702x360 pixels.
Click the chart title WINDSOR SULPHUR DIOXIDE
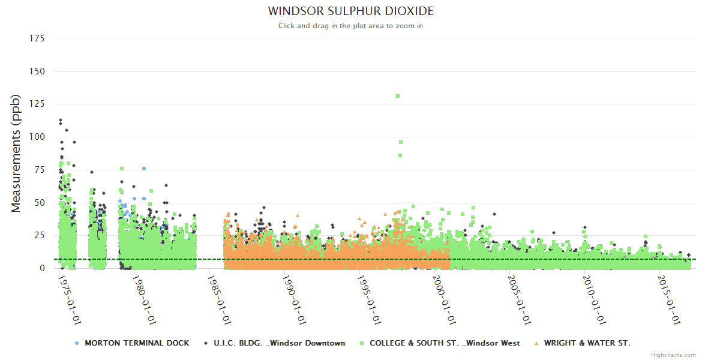(x=350, y=11)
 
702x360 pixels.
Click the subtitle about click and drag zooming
(x=350, y=26)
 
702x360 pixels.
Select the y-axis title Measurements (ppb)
(x=16, y=153)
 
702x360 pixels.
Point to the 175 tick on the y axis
(x=37, y=38)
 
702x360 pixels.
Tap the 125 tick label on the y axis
(x=37, y=104)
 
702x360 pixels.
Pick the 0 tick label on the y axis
(x=42, y=268)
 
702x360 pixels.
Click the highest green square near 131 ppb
(x=398, y=96)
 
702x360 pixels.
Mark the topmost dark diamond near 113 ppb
(x=61, y=120)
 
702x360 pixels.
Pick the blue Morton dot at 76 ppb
(x=144, y=169)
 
